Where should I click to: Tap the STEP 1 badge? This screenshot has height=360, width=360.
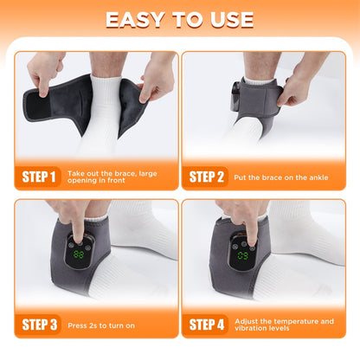coord(37,177)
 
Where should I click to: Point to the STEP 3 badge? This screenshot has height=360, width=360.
coord(37,325)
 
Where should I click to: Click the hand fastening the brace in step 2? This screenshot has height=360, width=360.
coord(299,87)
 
